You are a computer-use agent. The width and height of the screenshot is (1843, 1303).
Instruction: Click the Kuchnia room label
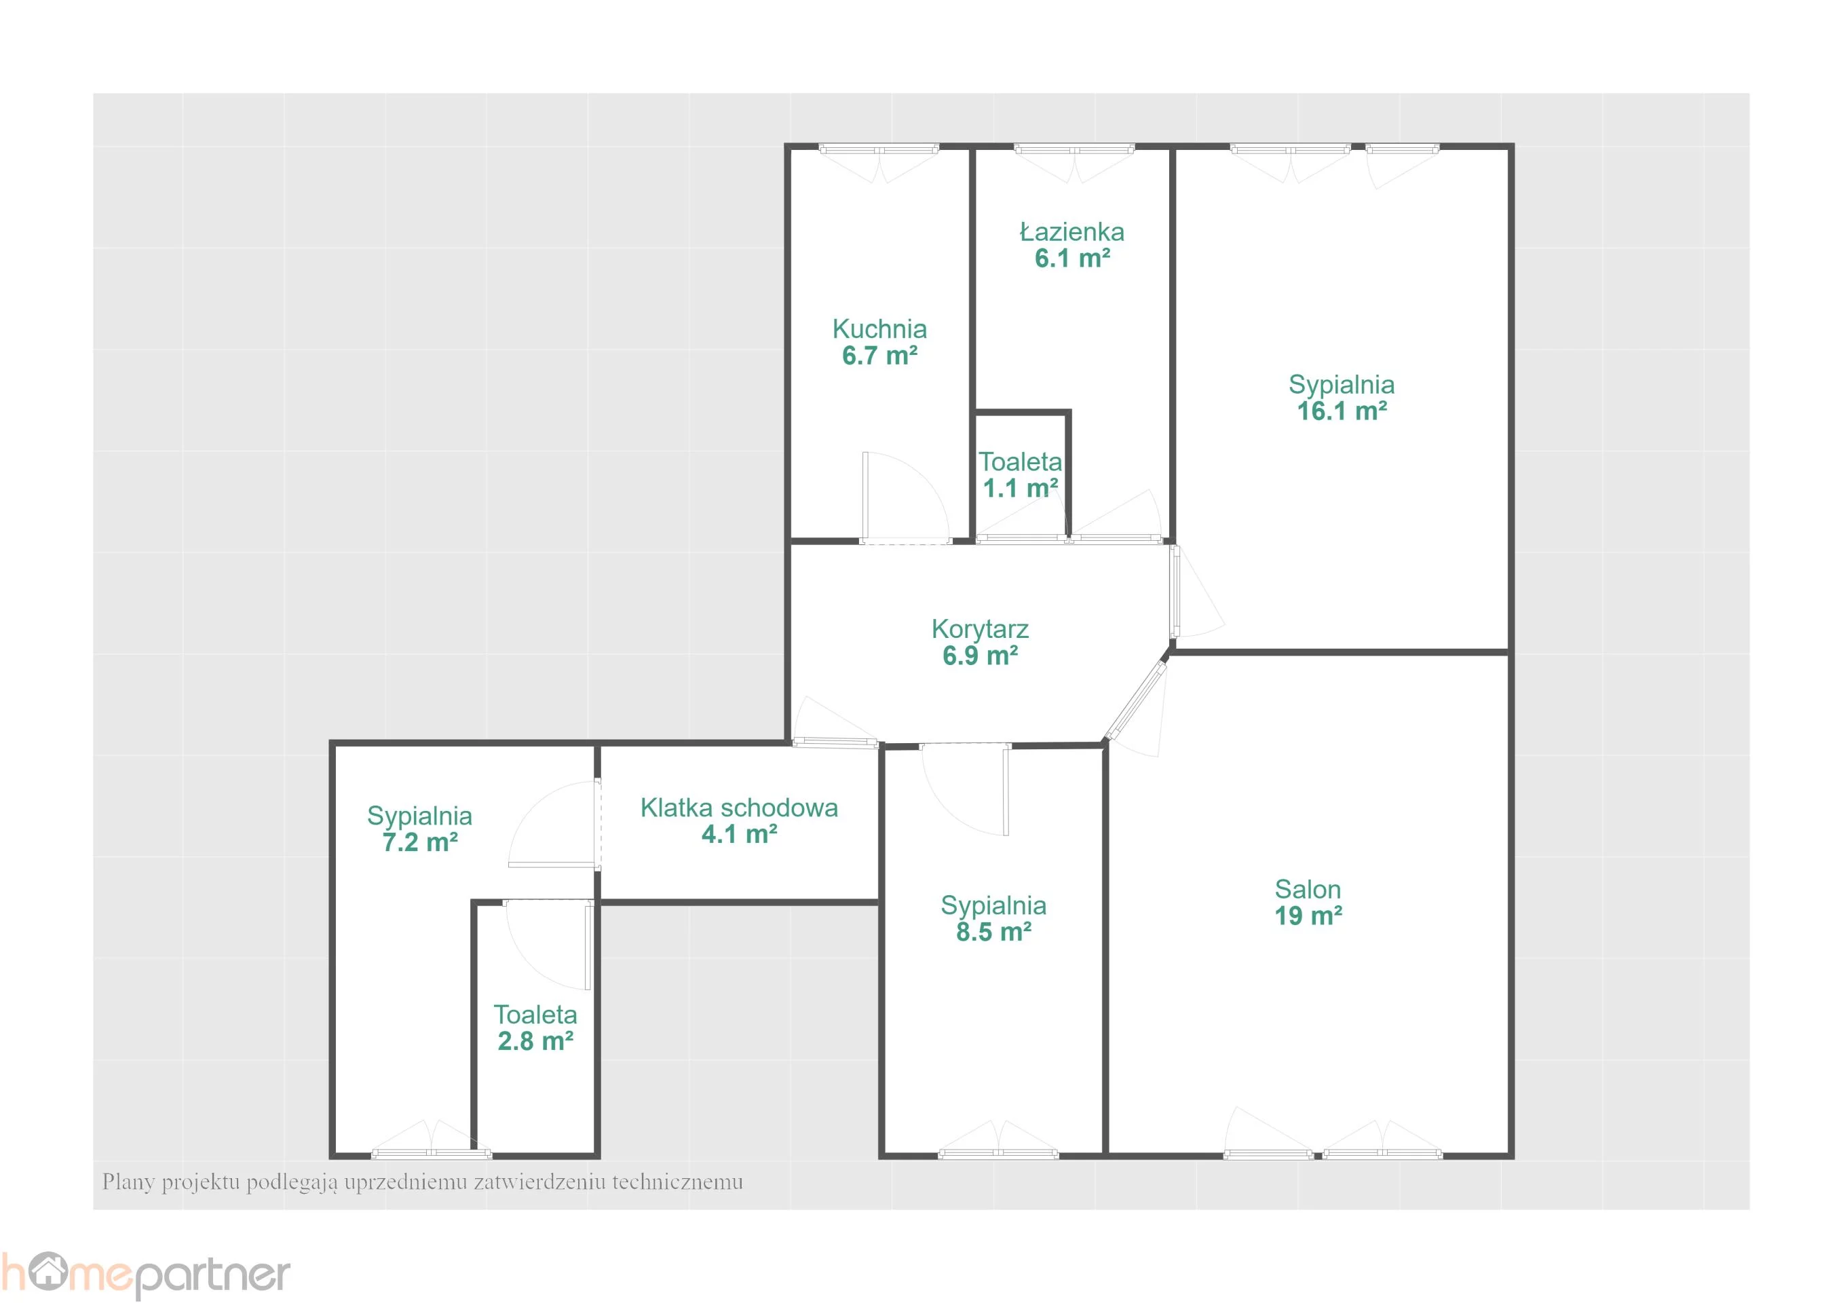879,328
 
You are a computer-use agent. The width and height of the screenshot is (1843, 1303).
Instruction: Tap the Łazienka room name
1071,231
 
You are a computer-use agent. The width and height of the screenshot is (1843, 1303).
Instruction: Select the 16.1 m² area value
1342,411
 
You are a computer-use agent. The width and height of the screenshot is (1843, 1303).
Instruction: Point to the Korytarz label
979,628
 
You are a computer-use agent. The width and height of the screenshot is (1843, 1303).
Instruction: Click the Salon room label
1308,889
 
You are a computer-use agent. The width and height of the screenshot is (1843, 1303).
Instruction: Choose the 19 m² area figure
1308,915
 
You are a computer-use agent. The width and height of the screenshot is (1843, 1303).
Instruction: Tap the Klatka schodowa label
738,808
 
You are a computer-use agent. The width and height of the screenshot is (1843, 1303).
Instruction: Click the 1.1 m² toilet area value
1021,487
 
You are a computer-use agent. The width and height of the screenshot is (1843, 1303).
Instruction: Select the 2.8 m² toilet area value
535,1040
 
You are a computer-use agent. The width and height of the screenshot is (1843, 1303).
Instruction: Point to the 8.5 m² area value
993,931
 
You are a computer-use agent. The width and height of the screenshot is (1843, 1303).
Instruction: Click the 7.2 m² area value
420,842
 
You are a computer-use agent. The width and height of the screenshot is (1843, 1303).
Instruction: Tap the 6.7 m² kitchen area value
879,355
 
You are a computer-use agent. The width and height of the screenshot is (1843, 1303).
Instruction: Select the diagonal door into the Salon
1136,700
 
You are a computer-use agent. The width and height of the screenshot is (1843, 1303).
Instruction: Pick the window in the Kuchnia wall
879,149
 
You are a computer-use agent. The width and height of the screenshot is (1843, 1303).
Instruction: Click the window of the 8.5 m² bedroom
997,1154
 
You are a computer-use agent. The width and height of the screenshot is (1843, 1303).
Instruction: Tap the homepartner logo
145,1275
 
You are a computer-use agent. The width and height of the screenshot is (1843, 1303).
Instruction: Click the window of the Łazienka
1074,149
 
